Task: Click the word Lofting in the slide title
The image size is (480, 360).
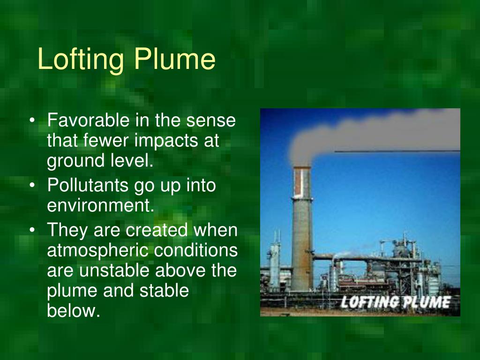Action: [x=81, y=60]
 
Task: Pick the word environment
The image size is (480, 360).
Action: [x=100, y=206]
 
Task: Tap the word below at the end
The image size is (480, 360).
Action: [x=74, y=311]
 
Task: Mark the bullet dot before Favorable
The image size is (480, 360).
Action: [x=32, y=121]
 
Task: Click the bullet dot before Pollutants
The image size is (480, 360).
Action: [x=32, y=186]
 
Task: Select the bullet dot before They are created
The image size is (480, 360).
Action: [x=32, y=231]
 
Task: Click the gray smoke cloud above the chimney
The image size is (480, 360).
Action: [x=356, y=131]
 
